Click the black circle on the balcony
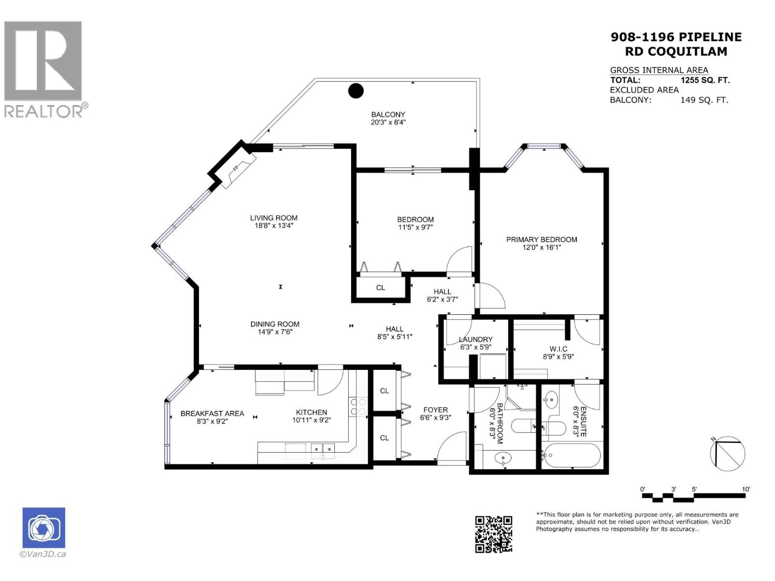point(356,91)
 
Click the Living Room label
point(274,218)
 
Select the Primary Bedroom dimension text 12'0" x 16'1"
point(541,247)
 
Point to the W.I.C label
point(558,349)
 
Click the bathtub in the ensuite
point(572,456)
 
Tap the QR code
point(493,534)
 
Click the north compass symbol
point(727,453)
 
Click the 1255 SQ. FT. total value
point(705,80)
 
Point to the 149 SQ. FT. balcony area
point(704,100)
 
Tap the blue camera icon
point(44,528)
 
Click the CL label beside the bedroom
point(381,288)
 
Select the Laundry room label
point(476,339)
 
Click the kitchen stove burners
point(357,407)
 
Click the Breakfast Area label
point(212,413)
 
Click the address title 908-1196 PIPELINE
point(676,37)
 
